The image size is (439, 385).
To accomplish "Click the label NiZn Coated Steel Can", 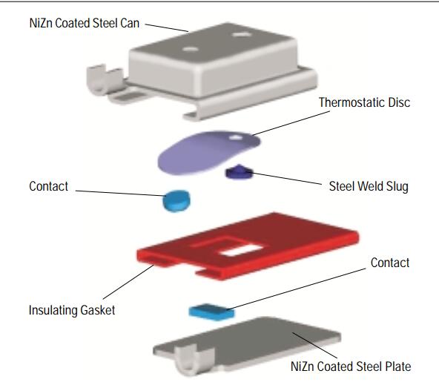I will pos(85,24).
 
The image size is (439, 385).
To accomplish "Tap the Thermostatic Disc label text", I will pos(364,102).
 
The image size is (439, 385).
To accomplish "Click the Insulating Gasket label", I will pos(71,310).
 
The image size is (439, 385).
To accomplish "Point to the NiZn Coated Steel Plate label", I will pos(351,366).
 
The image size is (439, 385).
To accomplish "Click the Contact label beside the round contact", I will pos(49,186).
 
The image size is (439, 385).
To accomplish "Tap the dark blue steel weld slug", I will pos(239,173).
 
